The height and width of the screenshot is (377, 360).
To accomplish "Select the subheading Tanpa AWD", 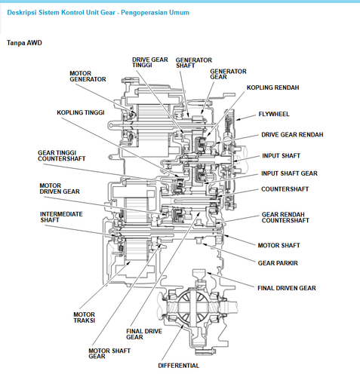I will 24,43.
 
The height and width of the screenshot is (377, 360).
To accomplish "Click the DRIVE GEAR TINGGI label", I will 150,63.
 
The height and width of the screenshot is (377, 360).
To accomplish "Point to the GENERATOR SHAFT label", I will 193,63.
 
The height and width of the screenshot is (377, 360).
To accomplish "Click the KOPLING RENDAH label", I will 272,87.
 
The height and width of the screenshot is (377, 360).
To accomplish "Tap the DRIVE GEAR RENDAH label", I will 292,134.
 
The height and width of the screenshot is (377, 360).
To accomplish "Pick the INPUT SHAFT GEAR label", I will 289,173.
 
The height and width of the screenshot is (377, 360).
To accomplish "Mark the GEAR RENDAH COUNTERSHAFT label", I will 285,217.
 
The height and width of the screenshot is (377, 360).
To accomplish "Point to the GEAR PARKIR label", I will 278,262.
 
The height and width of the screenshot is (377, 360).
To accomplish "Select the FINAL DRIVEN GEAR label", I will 286,287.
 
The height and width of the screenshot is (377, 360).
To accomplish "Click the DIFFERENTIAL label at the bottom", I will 178,365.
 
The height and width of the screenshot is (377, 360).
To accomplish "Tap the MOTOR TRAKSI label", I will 84,317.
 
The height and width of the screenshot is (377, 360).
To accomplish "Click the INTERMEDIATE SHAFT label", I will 61,217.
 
